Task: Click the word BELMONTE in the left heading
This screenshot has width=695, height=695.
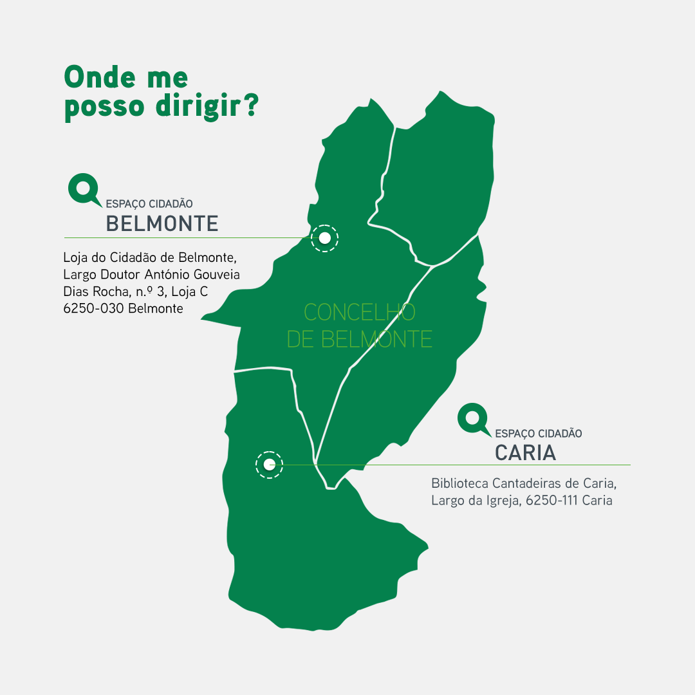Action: (162, 223)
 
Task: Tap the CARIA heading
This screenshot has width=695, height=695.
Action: (525, 452)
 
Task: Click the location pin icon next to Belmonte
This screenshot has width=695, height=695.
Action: (83, 189)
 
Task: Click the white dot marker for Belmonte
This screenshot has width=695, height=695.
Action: (325, 238)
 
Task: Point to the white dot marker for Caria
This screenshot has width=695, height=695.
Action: (269, 465)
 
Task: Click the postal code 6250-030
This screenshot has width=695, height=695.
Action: (94, 308)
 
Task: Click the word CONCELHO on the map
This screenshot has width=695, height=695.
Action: (359, 312)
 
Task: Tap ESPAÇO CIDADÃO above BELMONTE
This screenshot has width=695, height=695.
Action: (149, 204)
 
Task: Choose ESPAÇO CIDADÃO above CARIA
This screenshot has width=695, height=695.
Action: (539, 434)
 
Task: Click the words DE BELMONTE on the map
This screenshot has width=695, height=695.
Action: (359, 339)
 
